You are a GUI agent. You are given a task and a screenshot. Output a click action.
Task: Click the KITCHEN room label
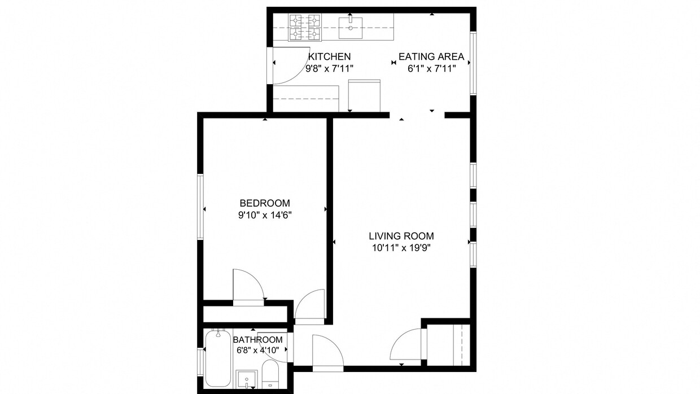pyautogui.click(x=330, y=56)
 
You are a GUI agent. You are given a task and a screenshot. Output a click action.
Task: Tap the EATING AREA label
pyautogui.click(x=431, y=56)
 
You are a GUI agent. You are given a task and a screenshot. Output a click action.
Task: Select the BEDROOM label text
pyautogui.click(x=265, y=203)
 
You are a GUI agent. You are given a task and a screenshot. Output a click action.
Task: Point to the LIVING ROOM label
pyautogui.click(x=401, y=236)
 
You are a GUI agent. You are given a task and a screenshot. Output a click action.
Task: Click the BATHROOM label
pyautogui.click(x=257, y=340)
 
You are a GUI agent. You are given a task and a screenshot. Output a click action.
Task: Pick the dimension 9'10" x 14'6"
pyautogui.click(x=265, y=215)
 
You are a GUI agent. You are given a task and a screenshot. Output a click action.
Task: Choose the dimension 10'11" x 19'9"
pyautogui.click(x=401, y=247)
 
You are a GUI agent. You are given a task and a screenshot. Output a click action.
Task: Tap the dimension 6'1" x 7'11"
pyautogui.click(x=431, y=68)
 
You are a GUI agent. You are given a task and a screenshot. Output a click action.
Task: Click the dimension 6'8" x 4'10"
pyautogui.click(x=257, y=350)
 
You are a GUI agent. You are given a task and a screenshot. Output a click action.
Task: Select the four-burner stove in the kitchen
pyautogui.click(x=305, y=28)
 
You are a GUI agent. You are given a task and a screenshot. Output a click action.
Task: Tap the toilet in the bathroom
pyautogui.click(x=269, y=375)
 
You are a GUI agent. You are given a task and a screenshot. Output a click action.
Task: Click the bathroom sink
pyautogui.click(x=247, y=379)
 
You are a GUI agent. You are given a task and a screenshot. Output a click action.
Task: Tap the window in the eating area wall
pyautogui.click(x=473, y=62)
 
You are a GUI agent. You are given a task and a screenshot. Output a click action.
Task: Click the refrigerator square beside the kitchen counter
pyautogui.click(x=365, y=95)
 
